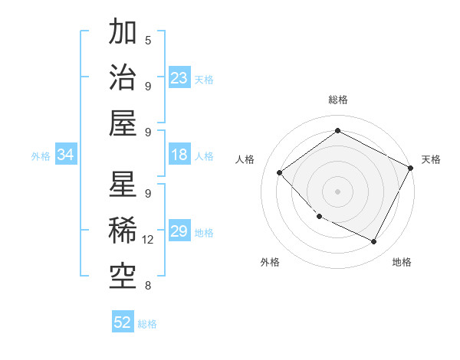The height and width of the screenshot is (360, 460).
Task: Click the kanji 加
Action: coord(123,33)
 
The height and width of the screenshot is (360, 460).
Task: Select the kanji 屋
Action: coord(123,123)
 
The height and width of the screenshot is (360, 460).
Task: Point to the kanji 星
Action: coord(123,185)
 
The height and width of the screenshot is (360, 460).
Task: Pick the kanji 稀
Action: coord(123,231)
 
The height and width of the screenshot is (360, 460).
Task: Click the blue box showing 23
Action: coord(179,77)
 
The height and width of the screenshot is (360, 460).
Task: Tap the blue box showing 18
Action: coord(179,155)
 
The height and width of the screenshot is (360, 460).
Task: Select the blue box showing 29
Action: coord(179,231)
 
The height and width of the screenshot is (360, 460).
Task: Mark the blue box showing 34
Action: coord(65,155)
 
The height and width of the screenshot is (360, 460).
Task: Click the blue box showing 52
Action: coord(123,322)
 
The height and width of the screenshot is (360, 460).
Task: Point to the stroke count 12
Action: coord(148,240)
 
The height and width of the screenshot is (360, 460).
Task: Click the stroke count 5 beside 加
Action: coord(148,40)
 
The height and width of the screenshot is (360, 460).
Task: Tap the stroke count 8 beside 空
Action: coord(148,286)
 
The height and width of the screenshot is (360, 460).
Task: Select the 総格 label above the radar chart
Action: coord(337,100)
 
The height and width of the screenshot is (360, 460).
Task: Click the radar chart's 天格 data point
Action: coord(410,169)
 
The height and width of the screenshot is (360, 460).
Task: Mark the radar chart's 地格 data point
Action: coord(374,242)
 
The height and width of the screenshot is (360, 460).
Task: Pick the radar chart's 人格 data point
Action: coord(280,172)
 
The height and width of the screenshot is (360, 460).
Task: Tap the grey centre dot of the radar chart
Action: coord(337,191)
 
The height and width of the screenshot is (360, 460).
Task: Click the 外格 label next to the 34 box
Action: coord(41,155)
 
